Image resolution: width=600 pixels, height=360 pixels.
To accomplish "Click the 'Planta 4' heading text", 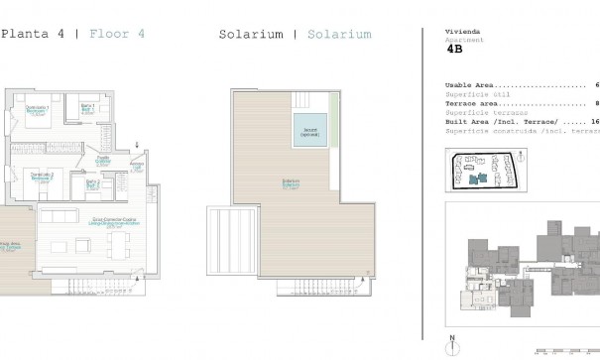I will tap(33, 34).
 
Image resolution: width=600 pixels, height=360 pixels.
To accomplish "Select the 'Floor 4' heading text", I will tap(117, 34).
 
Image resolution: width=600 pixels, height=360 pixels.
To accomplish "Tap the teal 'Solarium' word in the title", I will tap(339, 35).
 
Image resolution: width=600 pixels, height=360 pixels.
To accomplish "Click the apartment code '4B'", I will tap(455, 48).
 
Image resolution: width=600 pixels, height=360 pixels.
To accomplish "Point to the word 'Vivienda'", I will tap(459, 32).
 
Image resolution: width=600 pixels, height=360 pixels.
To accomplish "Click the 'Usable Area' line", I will tap(470, 86).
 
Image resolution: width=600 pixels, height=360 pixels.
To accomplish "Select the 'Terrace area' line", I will tap(472, 103).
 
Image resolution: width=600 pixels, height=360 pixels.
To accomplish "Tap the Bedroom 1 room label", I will tap(37, 110).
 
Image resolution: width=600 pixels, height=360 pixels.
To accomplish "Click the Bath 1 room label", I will tap(88, 108).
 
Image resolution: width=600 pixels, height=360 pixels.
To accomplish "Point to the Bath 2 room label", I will tap(92, 182).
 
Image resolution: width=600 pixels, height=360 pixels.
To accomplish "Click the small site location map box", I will tap(486, 169).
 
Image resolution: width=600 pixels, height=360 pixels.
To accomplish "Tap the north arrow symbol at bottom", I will tap(451, 344).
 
